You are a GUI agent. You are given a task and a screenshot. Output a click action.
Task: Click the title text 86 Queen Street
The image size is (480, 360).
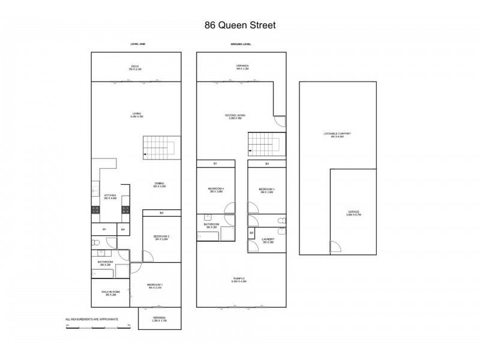pyautogui.click(x=239, y=26)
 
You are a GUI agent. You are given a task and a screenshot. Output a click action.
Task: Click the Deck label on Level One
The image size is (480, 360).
pyautogui.click(x=136, y=67)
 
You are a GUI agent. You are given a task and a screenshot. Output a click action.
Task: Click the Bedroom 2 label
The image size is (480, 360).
pyautogui.click(x=161, y=238)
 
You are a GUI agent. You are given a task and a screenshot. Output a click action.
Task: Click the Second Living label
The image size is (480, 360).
pyautogui.click(x=235, y=116)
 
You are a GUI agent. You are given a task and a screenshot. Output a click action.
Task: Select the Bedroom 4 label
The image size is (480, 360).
pyautogui.click(x=215, y=190)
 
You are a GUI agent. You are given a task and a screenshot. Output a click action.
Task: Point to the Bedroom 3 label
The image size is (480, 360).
pyautogui.click(x=266, y=190)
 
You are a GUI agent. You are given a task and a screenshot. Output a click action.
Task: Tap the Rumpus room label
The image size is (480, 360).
pyautogui.click(x=239, y=280)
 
